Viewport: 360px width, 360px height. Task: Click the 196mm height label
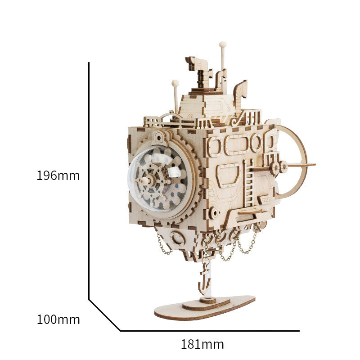(58, 175)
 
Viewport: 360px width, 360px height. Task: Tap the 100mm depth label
(58, 320)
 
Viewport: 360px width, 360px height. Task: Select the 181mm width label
(202, 345)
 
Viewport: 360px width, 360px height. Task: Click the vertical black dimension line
(89, 180)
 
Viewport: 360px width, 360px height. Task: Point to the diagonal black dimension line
(104, 315)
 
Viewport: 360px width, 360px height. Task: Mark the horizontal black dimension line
(209, 331)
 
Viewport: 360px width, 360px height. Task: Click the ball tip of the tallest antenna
(222, 45)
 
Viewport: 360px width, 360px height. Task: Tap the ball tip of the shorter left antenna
(175, 83)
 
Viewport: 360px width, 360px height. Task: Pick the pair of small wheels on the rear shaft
(278, 167)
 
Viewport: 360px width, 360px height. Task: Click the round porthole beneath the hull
(178, 238)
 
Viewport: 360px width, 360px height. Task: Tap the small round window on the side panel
(256, 143)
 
